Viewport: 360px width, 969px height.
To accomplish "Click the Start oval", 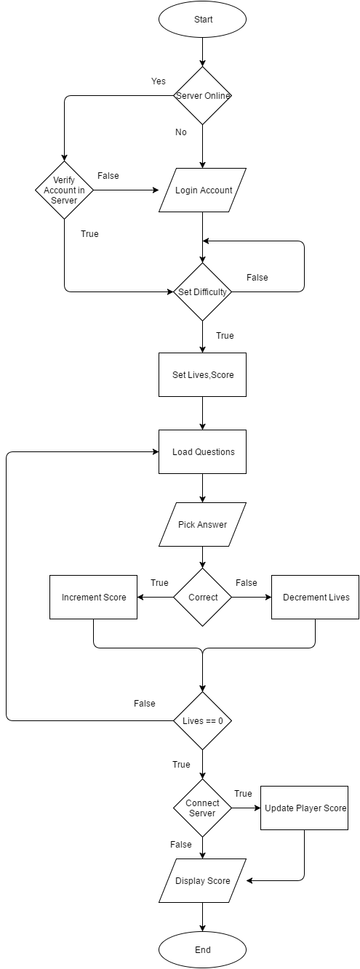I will (202, 20).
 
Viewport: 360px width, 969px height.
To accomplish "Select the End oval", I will (202, 949).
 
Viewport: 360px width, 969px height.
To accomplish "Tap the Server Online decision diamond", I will (202, 96).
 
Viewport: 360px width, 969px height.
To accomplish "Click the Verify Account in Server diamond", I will (65, 190).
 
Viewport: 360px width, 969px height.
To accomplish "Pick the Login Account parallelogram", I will (203, 190).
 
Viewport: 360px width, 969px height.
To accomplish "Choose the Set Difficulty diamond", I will (202, 292).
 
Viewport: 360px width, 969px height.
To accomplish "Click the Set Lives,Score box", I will (202, 375).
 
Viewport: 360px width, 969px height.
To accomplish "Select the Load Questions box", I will (202, 451).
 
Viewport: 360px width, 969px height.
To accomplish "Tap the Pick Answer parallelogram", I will (202, 524).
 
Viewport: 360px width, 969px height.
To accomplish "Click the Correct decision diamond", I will (202, 597).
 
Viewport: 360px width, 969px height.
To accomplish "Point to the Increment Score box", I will (93, 597).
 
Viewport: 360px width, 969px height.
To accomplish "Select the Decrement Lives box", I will (315, 597).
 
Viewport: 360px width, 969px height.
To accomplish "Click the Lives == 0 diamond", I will (202, 720).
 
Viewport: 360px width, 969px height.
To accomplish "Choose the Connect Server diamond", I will (202, 808).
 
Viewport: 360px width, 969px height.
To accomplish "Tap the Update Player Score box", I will (304, 808).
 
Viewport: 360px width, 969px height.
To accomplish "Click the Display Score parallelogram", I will (203, 880).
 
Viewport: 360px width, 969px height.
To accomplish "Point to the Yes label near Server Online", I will (159, 81).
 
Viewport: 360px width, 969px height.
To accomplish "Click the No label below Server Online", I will (181, 132).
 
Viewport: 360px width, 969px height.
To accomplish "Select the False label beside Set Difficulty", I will (257, 277).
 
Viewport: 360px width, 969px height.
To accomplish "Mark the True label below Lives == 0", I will (181, 764).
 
